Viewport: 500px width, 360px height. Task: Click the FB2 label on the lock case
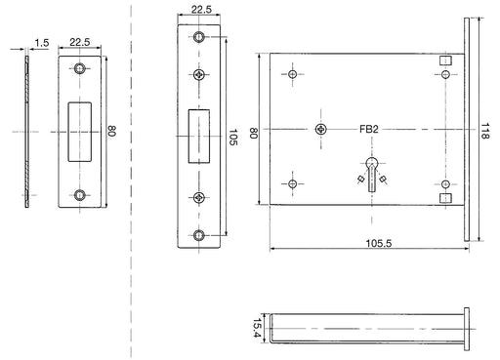[x=369, y=129]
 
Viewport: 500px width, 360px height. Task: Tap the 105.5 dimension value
[x=379, y=243]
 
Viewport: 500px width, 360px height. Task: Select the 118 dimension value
[x=484, y=131]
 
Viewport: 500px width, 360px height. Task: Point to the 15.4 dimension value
[x=257, y=328]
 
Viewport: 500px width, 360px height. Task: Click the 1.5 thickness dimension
[x=42, y=43]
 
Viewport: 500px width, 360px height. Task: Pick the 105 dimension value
[x=232, y=137]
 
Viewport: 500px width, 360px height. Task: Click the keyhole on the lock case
[x=372, y=174]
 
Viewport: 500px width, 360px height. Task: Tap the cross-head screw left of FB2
[x=321, y=129]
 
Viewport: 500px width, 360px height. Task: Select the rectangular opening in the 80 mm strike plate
[x=79, y=132]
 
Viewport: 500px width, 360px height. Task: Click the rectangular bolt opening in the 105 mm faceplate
[x=199, y=136]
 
